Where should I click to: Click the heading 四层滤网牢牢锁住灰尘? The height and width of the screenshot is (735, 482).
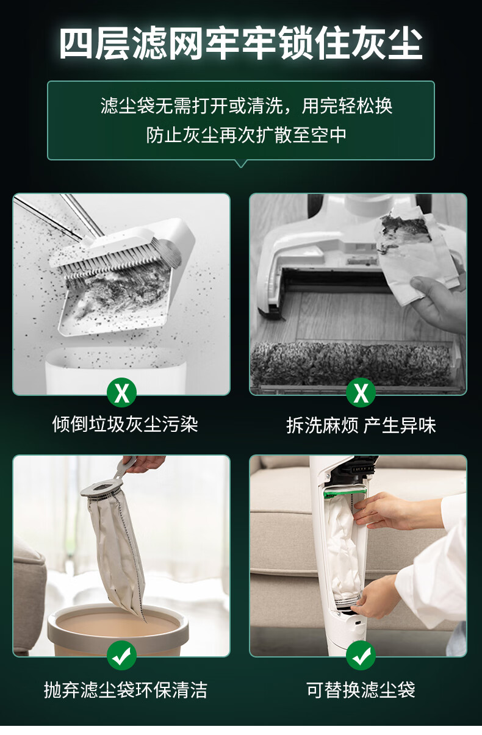coord(241,43)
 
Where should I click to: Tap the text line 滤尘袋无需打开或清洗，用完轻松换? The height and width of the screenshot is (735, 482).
coord(246,106)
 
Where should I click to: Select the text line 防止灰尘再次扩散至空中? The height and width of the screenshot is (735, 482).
coord(246,135)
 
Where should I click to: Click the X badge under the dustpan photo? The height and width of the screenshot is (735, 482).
coord(122,393)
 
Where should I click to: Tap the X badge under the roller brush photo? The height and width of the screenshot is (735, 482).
coord(361,393)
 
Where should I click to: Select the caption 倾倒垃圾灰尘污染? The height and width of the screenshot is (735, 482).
coord(125,425)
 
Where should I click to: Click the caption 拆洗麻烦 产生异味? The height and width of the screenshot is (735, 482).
coord(361,426)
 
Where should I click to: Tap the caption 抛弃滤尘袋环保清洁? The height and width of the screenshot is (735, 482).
coord(126,690)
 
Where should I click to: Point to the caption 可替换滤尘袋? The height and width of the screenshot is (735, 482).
coord(361,690)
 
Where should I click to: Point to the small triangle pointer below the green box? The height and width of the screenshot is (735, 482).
coord(241,163)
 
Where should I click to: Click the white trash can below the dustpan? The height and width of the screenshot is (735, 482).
coord(115,371)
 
